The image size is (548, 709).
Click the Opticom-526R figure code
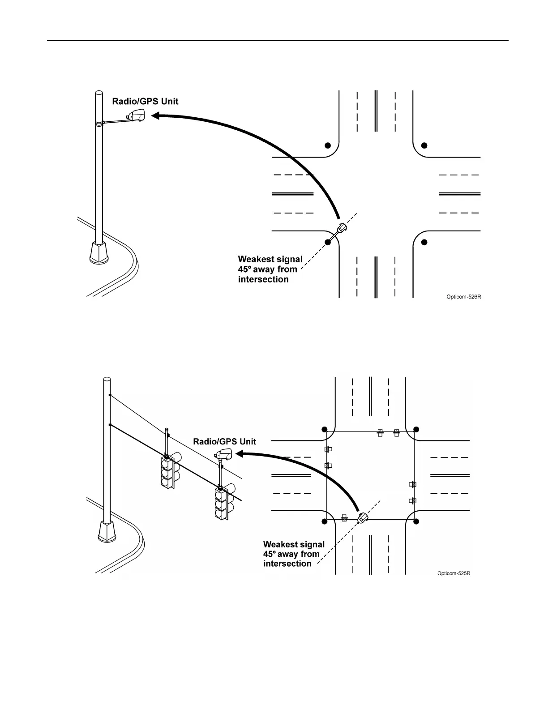click(463, 297)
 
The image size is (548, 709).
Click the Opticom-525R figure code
click(454, 573)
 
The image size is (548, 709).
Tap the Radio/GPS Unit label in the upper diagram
click(145, 102)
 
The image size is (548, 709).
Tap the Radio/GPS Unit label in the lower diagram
click(224, 442)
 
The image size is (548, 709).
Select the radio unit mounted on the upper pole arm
click(136, 115)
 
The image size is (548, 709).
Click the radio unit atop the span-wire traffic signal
click(223, 455)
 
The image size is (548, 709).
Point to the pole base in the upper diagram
click(99, 253)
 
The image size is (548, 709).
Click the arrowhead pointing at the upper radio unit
click(156, 116)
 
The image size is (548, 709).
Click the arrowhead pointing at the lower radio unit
click(240, 454)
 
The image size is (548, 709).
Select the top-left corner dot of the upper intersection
click(328, 145)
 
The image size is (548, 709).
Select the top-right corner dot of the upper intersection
click(424, 145)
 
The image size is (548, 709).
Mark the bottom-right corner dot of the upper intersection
click(424, 242)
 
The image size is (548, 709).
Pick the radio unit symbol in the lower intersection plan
click(362, 518)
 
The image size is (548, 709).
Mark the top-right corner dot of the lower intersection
click(416, 430)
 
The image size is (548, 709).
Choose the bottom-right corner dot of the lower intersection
click(416, 521)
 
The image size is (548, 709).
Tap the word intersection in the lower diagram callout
click(287, 564)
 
